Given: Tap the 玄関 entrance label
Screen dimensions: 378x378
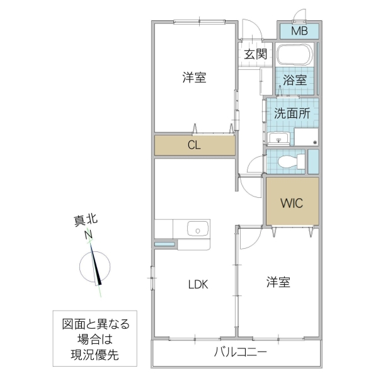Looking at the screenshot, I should pos(256,54).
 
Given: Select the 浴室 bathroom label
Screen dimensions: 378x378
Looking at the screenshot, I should pos(294,80).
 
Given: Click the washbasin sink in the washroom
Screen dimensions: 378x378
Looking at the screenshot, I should pos(278,137).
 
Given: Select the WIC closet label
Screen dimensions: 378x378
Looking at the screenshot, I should pos(292,203).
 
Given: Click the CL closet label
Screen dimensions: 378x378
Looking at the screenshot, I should pos(195,146).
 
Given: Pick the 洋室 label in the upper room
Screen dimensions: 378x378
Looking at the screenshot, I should pos(194,78).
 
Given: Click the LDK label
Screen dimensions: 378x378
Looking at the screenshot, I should pos(197,283).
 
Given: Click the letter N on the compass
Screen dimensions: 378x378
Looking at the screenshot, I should pos(89,236).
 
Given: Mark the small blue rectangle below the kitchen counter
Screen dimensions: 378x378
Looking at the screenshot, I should pos(165,243).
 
